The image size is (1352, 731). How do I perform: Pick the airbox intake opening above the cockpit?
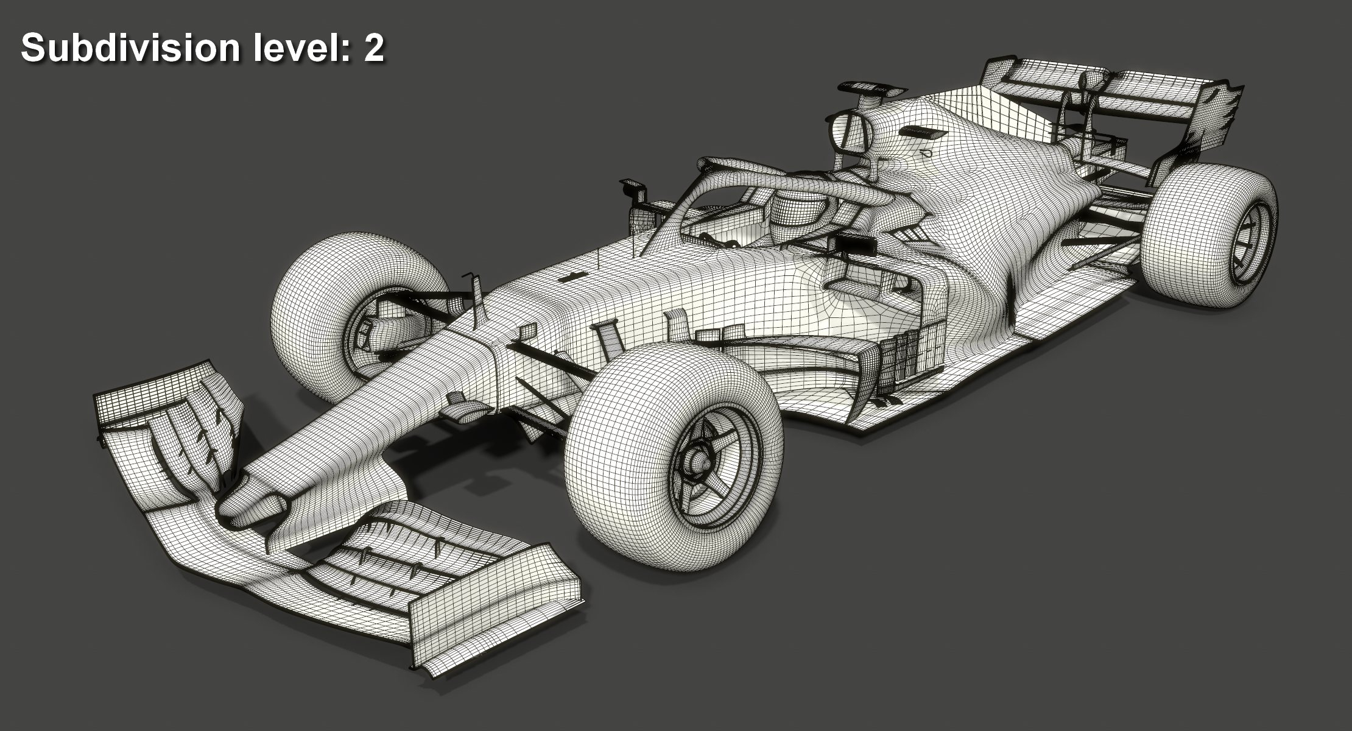click(850, 131)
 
